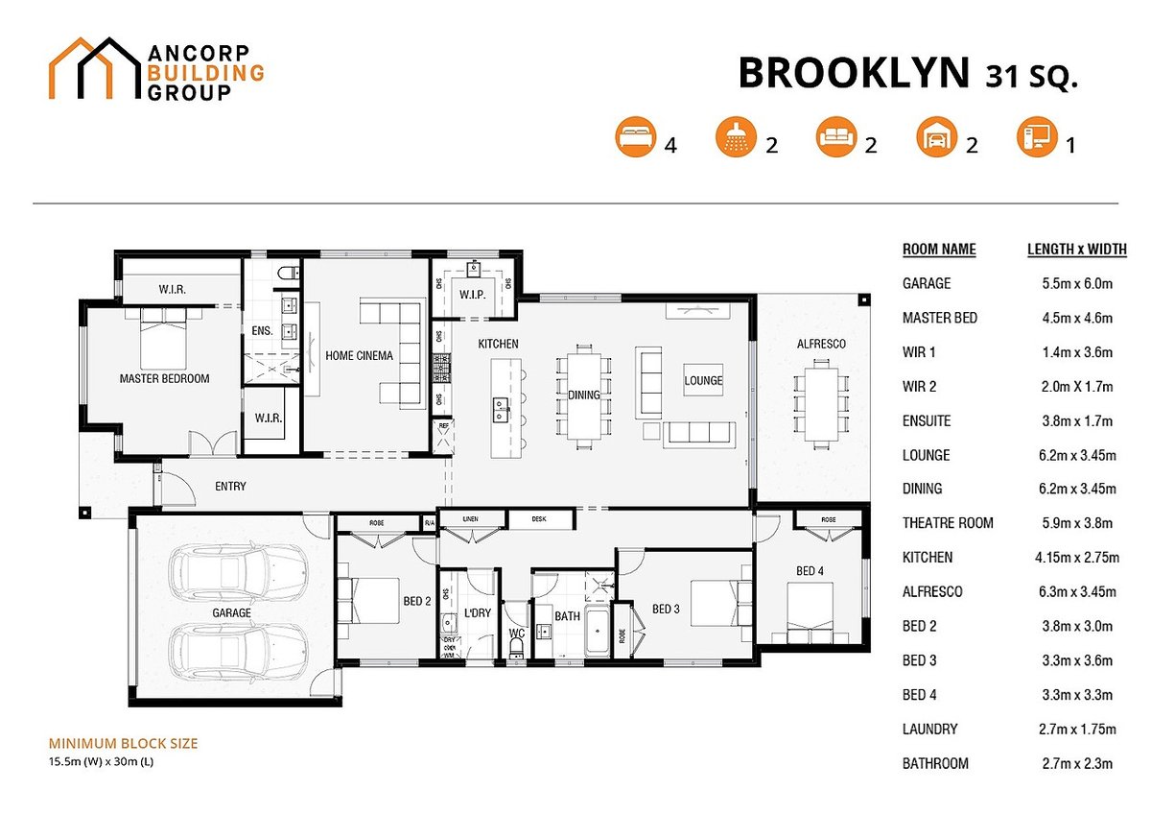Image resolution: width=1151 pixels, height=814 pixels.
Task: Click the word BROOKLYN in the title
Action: click(854, 74)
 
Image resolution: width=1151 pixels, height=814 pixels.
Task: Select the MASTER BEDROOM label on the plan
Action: click(164, 379)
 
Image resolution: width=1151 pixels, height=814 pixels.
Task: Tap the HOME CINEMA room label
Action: click(359, 356)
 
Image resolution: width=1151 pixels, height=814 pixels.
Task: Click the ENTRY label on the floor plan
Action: click(230, 487)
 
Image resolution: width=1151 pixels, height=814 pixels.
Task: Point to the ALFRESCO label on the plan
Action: click(820, 344)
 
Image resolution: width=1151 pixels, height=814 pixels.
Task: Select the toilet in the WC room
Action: click(516, 648)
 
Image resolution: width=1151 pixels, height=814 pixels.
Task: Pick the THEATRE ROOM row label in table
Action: click(948, 523)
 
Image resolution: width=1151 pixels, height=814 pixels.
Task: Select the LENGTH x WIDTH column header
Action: click(1076, 250)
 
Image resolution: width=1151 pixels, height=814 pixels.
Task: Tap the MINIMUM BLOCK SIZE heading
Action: click(123, 744)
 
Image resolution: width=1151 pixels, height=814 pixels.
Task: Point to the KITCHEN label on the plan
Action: click(498, 344)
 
